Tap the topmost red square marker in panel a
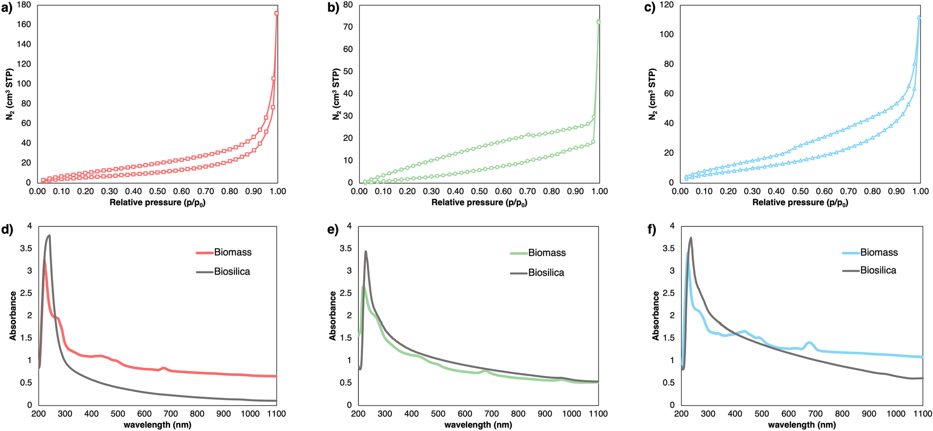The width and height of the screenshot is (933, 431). [277, 13]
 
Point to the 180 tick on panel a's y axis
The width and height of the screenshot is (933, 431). [25, 5]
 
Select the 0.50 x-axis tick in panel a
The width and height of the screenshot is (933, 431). [157, 191]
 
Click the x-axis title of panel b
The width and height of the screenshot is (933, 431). [479, 203]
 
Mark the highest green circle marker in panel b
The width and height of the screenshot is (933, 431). [599, 21]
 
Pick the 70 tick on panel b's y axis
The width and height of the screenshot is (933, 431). [348, 27]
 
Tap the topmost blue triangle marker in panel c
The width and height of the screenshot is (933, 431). [919, 17]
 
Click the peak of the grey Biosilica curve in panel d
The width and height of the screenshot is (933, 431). [49, 235]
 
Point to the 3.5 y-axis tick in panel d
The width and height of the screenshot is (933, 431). [26, 248]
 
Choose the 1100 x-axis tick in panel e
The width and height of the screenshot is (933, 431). [598, 414]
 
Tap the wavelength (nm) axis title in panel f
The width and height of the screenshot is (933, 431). [801, 425]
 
